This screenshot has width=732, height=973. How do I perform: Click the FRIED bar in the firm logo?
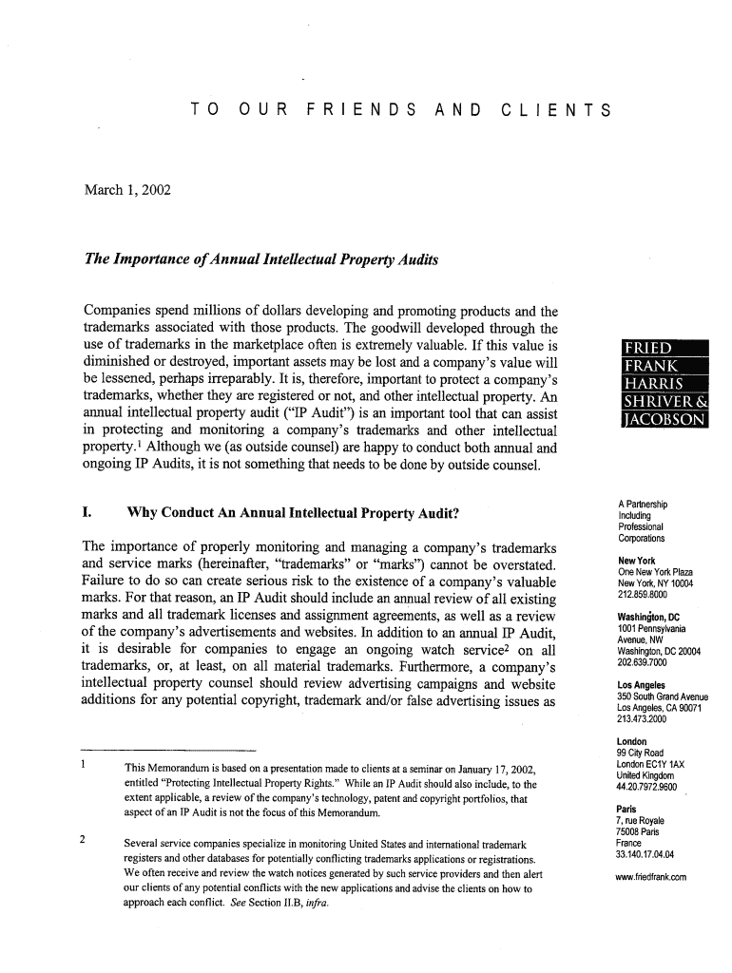click(x=647, y=347)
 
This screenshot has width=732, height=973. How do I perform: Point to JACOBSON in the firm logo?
click(x=661, y=419)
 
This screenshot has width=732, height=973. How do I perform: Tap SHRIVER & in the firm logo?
click(x=661, y=401)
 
